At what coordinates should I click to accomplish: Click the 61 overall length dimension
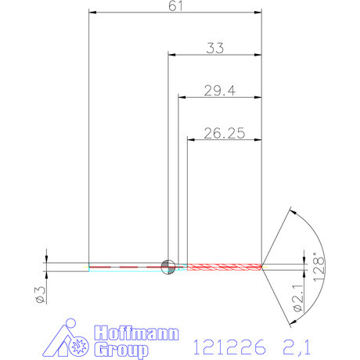175,7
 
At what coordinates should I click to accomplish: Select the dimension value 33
215,48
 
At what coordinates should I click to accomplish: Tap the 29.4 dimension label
220,91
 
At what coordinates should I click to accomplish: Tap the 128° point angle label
317,266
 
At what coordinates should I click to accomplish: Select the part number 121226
228,344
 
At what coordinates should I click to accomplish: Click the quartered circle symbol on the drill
167,267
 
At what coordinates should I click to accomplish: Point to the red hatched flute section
223,267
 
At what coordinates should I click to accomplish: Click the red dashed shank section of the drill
125,267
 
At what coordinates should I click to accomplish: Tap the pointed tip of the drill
262,267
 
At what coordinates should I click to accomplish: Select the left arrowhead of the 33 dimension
172,55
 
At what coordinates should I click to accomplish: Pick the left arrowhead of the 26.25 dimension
190,140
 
